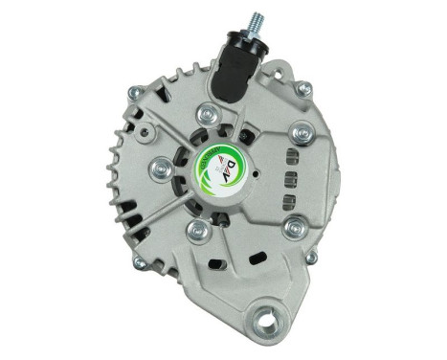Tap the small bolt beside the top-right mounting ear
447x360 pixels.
click(303, 89)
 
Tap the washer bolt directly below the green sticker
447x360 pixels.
click(198, 229)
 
